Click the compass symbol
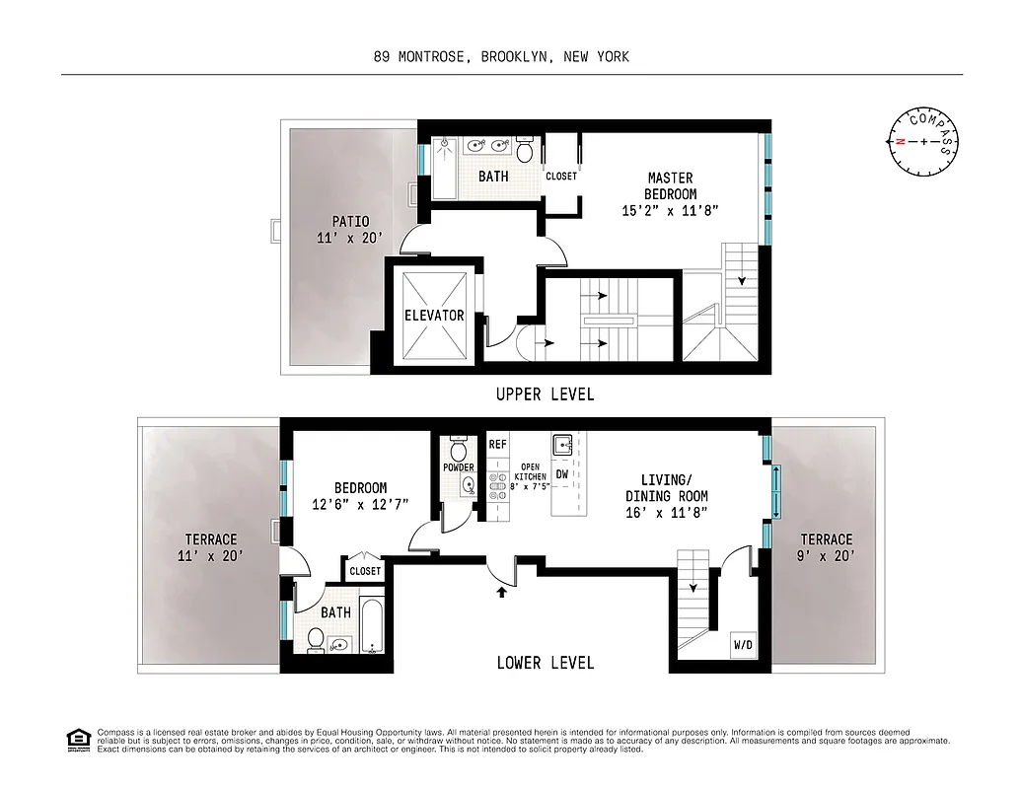[923, 141]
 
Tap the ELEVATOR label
[434, 316]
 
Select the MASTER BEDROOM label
[671, 194]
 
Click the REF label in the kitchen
[498, 445]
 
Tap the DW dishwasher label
[561, 475]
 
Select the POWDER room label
[459, 466]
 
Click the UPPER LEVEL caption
[545, 394]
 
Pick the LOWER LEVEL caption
[545, 663]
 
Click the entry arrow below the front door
[502, 591]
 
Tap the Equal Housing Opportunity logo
[75, 739]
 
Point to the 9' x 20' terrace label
[826, 547]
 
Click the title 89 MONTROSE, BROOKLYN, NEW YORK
[500, 57]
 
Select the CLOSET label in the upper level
[561, 177]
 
